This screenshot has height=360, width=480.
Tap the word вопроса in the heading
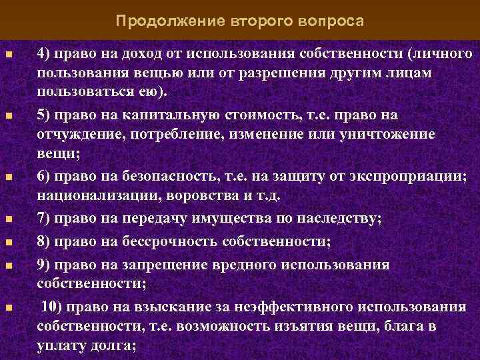click(331, 21)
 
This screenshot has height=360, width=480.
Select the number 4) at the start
click(44, 53)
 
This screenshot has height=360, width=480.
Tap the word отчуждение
click(73, 134)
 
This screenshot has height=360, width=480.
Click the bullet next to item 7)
click(8, 219)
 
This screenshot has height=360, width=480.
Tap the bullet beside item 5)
click(8, 116)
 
